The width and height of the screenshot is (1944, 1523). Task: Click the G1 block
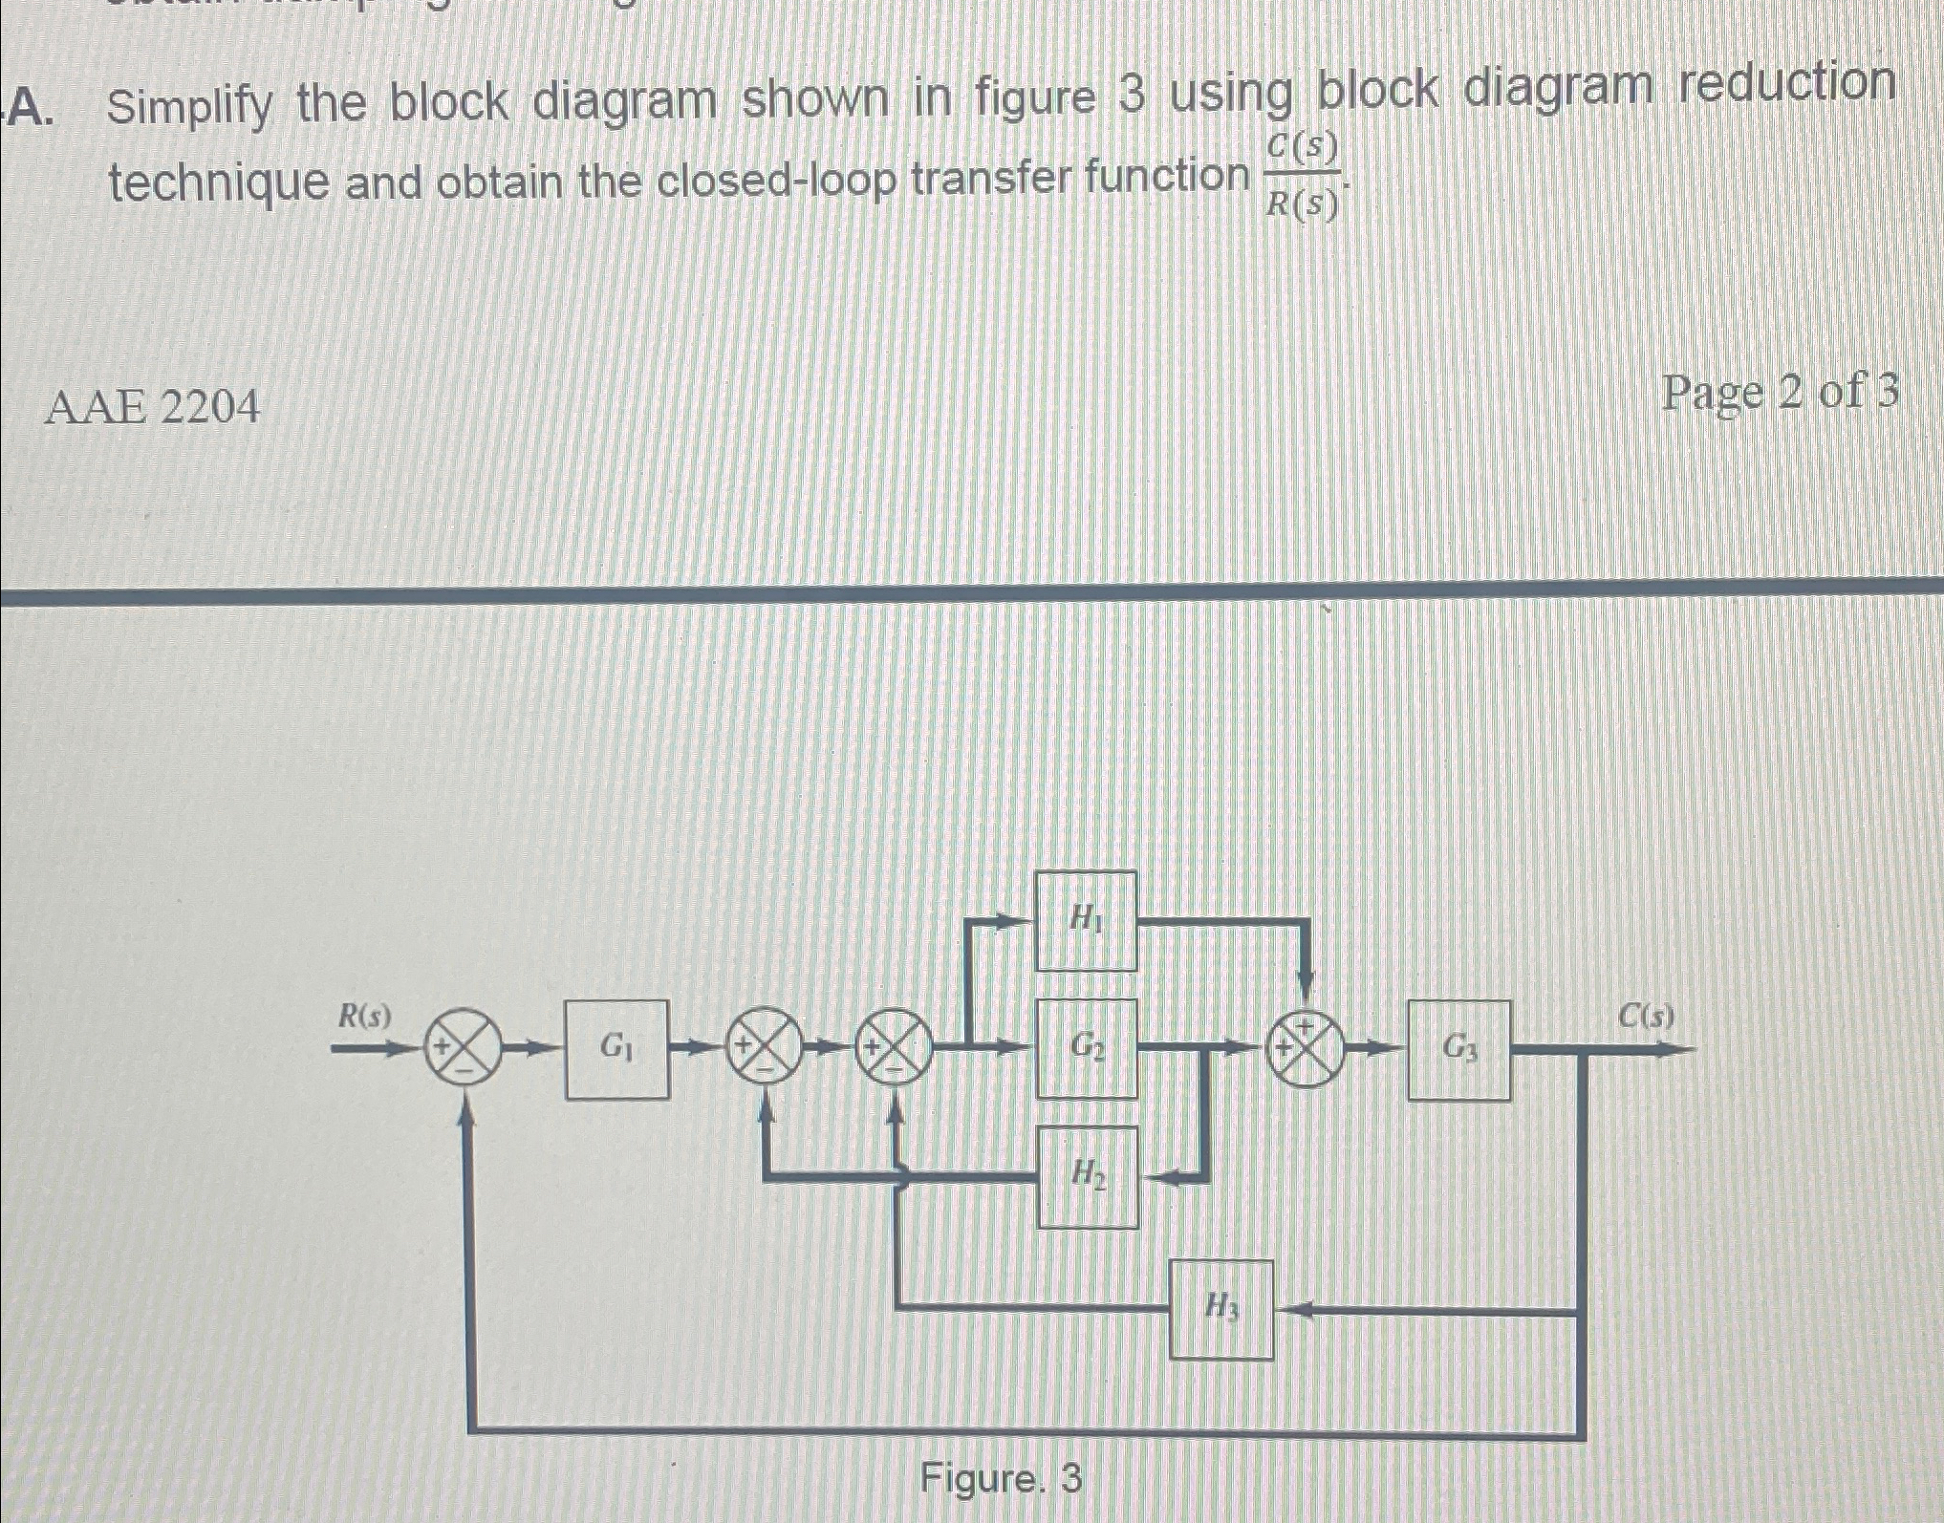click(616, 1049)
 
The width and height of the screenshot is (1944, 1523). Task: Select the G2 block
click(1087, 1048)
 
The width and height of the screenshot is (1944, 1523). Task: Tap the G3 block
click(1458, 1049)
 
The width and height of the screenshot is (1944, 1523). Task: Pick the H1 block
click(1086, 920)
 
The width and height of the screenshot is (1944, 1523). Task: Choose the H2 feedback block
click(1088, 1176)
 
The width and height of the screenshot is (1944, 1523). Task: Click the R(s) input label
click(365, 1017)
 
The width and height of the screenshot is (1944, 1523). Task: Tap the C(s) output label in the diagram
click(1645, 1016)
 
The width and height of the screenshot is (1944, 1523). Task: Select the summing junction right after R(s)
click(463, 1049)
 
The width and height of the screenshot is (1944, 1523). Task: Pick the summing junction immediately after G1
click(767, 1048)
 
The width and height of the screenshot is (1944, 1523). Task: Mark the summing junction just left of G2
click(895, 1048)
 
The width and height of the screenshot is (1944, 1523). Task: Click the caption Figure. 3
click(1001, 1478)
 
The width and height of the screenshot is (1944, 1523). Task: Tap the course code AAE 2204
click(153, 409)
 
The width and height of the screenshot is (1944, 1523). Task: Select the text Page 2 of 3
click(1780, 393)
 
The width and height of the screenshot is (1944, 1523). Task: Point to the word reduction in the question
click(1787, 84)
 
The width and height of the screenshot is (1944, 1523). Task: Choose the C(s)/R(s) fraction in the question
click(1301, 175)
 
